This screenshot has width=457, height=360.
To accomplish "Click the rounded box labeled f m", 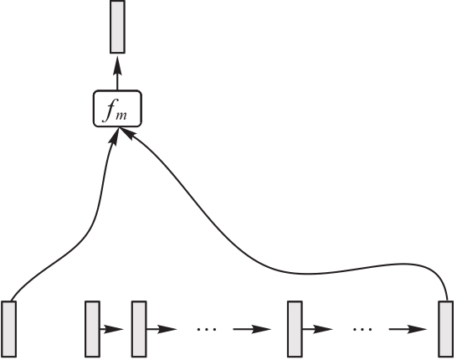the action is pos(117,109).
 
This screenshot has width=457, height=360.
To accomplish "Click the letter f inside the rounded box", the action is pos(110,112).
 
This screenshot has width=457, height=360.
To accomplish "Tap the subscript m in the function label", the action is pos(121,116).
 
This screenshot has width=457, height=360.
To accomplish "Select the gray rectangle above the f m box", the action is pos(117,27).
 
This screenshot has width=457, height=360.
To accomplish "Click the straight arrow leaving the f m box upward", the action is pos(117,74).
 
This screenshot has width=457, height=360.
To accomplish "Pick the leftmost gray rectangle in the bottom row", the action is pos(9,329).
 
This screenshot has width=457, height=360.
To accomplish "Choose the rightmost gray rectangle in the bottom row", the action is pos(446,329).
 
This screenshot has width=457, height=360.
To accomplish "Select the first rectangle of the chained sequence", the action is pos(92,329).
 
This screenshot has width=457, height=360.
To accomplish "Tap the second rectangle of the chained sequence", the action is pos(139,329).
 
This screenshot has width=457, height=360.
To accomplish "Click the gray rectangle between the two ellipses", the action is pos(295,329).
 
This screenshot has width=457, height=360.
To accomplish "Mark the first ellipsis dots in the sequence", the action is pos(207,329).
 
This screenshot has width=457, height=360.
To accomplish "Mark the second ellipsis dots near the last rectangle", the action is pos(362,329).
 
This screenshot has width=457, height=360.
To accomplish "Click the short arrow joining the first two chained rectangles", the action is pos(112,329).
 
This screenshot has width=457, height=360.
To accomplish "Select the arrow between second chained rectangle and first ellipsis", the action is pos(162,329).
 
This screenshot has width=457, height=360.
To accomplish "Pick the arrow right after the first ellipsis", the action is pos(252,329).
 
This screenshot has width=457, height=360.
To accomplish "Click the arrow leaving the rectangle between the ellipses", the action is pos(318,329).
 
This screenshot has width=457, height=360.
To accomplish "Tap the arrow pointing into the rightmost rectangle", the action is pos(408,329).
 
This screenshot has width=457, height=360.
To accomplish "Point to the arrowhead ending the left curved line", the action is pos(115,136).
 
